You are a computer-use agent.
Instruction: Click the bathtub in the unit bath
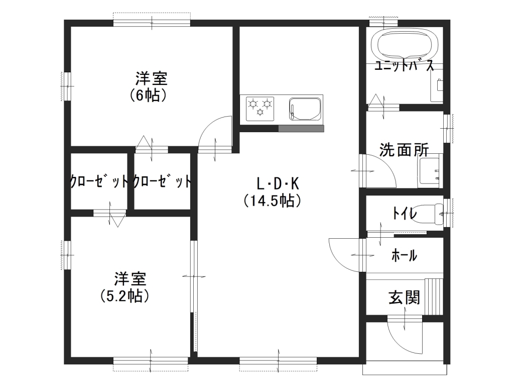coord(404,45)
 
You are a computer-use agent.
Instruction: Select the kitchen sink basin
coord(305,109)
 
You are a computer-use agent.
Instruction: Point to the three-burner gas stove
coord(260,109)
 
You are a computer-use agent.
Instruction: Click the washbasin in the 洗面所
coord(430,171)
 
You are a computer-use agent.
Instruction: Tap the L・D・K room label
coord(278,184)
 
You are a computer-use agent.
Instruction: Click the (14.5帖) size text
coord(273,201)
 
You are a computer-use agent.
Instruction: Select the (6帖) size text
coord(149,95)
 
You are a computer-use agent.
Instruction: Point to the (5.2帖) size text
coord(125,296)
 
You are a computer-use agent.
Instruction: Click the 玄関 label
coord(404,298)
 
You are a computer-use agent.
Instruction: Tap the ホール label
coord(404,255)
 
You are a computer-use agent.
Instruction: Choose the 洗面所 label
coord(404,150)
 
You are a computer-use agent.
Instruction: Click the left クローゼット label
coord(99,181)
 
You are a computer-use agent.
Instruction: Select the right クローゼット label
coord(162,181)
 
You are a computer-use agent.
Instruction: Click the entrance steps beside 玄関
coord(434,297)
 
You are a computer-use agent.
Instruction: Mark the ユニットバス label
coord(404,66)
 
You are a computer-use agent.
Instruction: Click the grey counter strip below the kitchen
coord(301,128)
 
